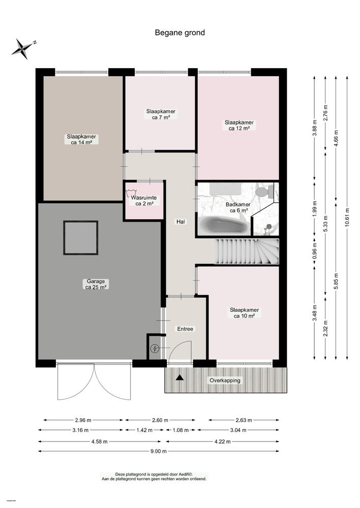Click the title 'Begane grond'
coord(179,33)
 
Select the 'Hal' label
coord(180,221)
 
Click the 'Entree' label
coord(185,329)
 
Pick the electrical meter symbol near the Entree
coord(155,348)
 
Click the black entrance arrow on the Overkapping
coord(179,377)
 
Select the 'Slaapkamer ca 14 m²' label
coord(81,139)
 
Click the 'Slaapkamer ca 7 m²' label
coord(160,114)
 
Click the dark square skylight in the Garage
coord(80,238)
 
